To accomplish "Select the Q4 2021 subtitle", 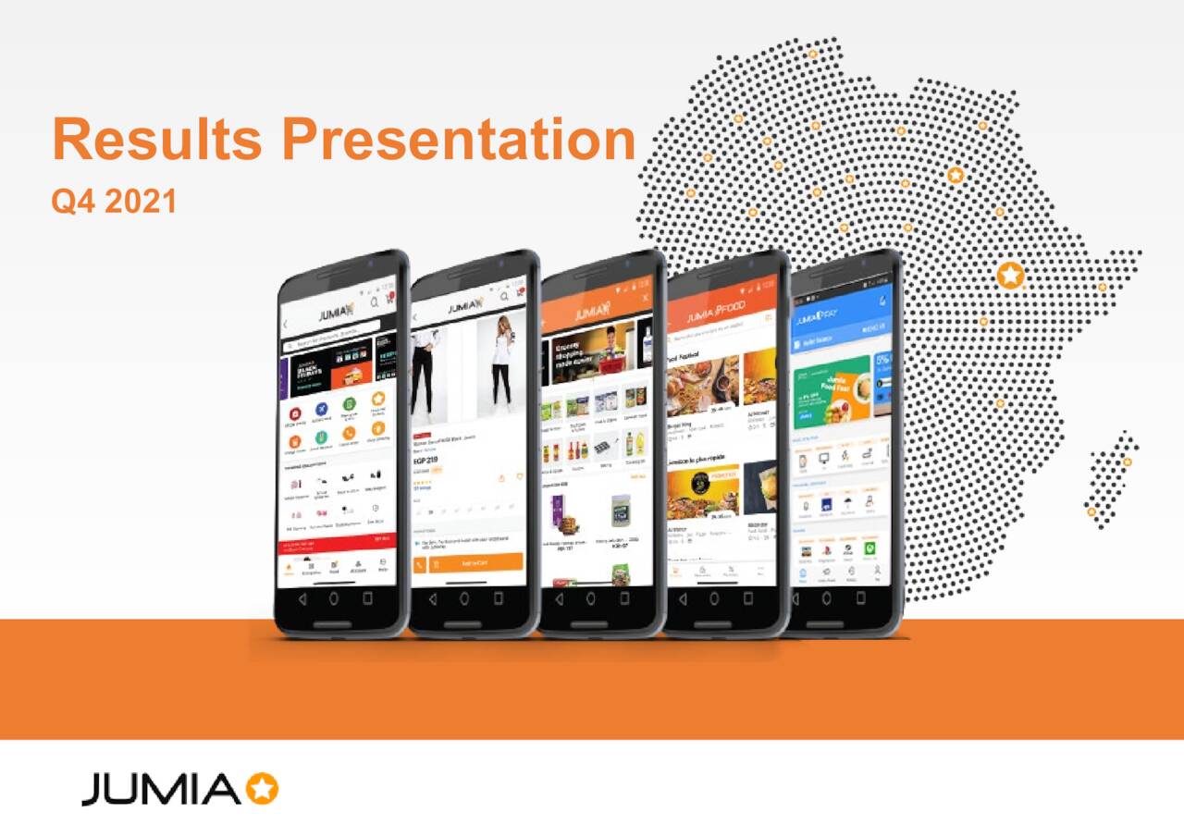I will tap(114, 201).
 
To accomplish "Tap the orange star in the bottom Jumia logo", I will tap(263, 789).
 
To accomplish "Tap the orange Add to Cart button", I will tap(475, 562).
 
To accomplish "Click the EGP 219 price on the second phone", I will tap(426, 460).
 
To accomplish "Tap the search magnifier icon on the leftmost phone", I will tap(375, 302).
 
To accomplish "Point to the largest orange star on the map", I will tap(1011, 275).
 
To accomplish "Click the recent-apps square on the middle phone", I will tap(623, 598).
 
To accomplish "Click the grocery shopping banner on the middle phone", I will tap(592, 353).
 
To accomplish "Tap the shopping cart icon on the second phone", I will tap(521, 299).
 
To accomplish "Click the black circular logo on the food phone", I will tap(703, 482).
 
